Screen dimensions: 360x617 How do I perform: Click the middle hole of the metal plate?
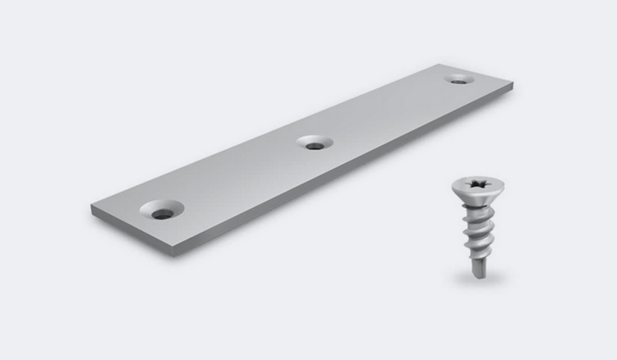click(x=315, y=143)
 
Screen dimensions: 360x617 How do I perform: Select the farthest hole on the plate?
click(x=458, y=79)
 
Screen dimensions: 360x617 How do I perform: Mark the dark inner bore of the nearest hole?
click(x=163, y=214)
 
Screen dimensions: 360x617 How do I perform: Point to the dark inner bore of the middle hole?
click(x=315, y=146)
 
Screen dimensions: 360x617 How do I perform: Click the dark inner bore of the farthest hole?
click(x=458, y=80)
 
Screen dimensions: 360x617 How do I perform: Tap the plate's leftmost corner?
click(x=91, y=207)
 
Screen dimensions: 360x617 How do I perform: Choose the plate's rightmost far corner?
click(x=513, y=82)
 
